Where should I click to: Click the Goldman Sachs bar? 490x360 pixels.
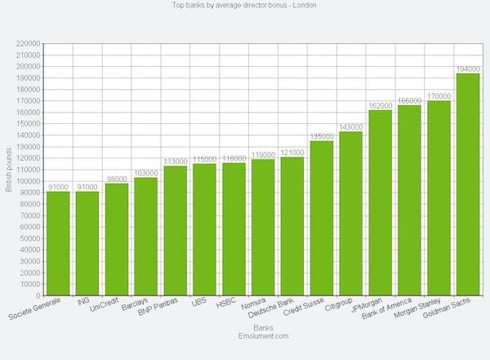[467, 184]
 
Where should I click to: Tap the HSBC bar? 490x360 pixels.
[234, 229]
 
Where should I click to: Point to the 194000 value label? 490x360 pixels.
[468, 69]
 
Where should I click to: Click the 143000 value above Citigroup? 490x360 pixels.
[351, 127]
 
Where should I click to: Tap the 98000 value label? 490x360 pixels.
[116, 179]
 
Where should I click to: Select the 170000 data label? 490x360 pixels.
[439, 96]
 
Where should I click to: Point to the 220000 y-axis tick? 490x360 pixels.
[27, 43]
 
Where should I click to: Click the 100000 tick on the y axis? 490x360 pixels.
[27, 181]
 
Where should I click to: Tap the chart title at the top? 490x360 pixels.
[245, 5]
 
